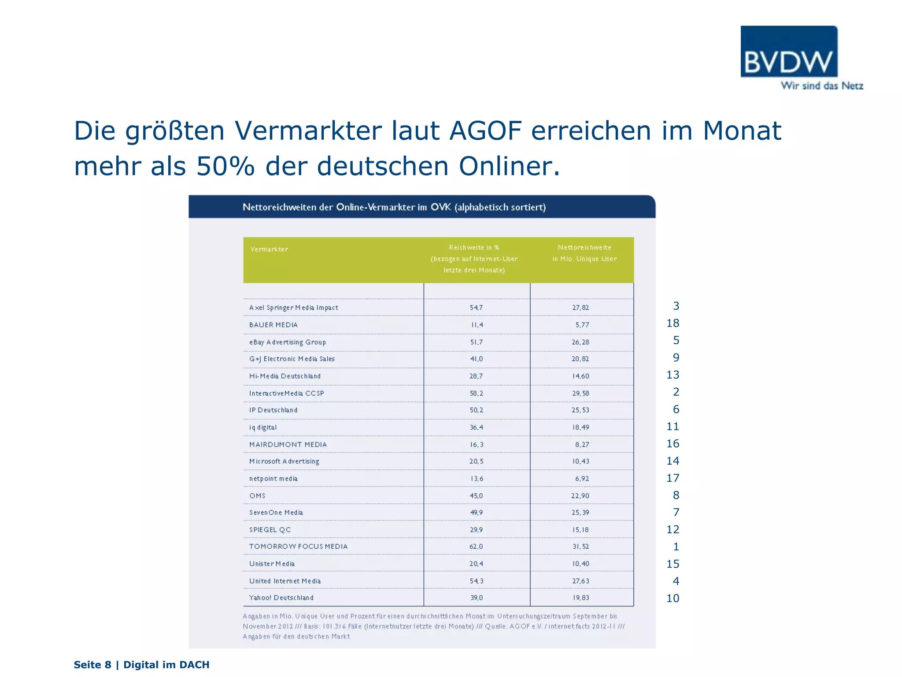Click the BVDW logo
[x=789, y=52]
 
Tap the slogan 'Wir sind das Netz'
[x=822, y=86]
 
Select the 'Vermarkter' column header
[x=269, y=249]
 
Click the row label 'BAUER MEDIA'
[x=274, y=325]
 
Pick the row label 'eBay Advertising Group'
[x=288, y=342]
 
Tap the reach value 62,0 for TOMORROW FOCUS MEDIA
[x=476, y=547]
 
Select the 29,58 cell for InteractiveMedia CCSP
[x=580, y=393]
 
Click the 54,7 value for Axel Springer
[x=476, y=308]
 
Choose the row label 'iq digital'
[x=263, y=428]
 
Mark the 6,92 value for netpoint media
[x=582, y=479]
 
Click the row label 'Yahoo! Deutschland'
[x=281, y=598]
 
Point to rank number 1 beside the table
[x=676, y=547]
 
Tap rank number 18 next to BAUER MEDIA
[x=673, y=323]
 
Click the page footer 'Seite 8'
[x=92, y=665]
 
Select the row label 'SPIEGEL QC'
[x=270, y=530]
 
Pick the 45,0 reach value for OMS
[x=476, y=496]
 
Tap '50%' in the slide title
[x=225, y=167]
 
